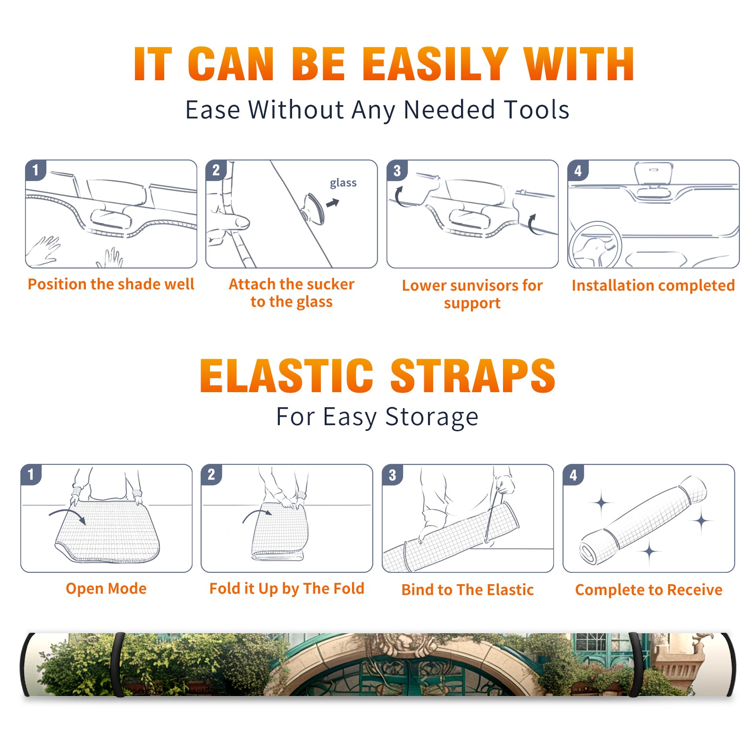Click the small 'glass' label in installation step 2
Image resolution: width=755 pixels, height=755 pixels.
343,183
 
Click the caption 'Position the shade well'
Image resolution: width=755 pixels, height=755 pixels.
111,284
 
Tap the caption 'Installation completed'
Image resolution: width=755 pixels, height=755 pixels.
653,285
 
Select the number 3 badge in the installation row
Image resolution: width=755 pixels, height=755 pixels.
397,170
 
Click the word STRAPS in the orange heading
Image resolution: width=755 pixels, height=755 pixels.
473,376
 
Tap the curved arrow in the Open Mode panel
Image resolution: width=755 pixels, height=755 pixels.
67,515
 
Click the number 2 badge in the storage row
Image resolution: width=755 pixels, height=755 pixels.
211,474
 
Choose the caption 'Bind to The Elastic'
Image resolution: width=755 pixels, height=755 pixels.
468,590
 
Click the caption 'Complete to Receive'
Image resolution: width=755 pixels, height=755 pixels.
649,590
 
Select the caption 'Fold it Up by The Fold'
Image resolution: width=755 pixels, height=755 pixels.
287,588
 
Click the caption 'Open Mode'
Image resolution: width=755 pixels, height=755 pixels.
106,588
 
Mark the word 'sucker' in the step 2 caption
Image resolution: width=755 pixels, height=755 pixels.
330,284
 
